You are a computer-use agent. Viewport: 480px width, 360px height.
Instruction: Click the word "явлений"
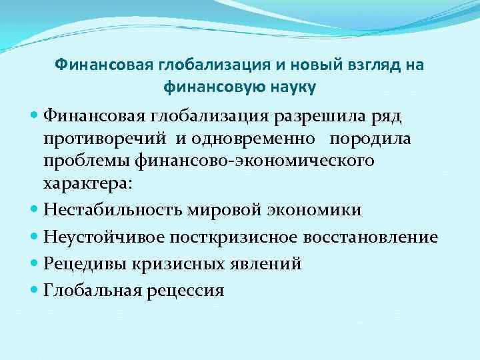(268, 264)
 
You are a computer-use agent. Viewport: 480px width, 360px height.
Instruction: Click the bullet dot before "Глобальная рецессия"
(35, 290)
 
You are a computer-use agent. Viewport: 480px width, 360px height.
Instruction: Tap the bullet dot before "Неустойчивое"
(35, 237)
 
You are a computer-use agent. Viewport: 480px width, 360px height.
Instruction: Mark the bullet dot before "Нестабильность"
(35, 210)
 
